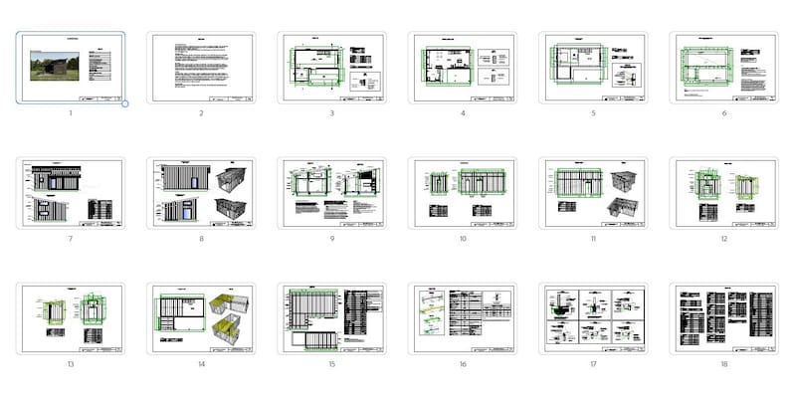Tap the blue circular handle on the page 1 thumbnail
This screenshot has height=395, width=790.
coord(125,103)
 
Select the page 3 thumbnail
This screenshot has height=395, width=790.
coord(331,68)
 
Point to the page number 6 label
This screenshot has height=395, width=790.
coord(723,113)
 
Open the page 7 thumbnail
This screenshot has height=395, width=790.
coord(71,193)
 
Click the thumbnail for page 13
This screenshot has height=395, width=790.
coord(71,318)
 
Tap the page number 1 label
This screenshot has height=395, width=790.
coord(71,113)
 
